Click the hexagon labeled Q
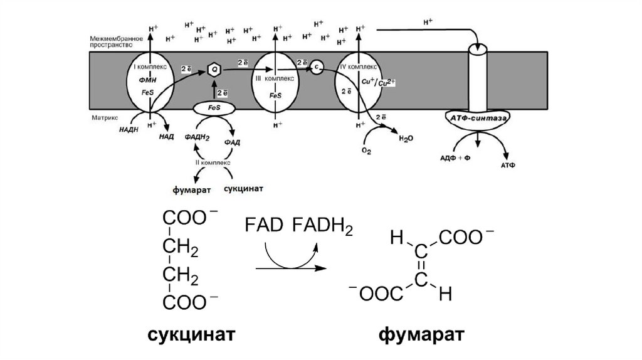[x=214, y=70]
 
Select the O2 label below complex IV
[x=367, y=151]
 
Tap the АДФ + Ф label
[x=456, y=157]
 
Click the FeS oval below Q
[x=214, y=109]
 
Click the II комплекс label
[x=213, y=162]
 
